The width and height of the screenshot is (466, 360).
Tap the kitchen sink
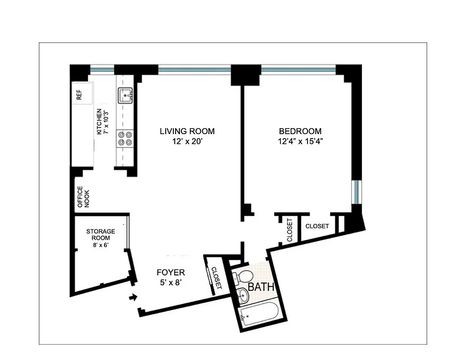125,95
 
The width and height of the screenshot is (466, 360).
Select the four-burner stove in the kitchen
125,138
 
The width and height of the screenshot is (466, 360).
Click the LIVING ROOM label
187,131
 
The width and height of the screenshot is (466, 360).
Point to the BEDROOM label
300,131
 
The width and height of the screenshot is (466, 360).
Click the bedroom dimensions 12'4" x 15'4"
300,141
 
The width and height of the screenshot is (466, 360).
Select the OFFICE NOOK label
83,197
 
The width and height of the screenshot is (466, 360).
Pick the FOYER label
171,272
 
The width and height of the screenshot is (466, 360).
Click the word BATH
261,287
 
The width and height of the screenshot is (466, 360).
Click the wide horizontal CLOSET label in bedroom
317,226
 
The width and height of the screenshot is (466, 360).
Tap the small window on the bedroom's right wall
357,192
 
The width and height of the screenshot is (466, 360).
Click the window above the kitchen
102,70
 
